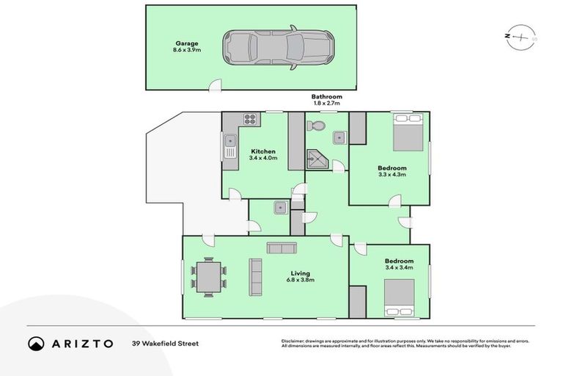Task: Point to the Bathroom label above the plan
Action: (x=326, y=97)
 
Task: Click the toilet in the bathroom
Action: (x=317, y=127)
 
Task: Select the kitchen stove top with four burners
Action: (x=249, y=120)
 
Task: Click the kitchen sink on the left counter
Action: (x=229, y=140)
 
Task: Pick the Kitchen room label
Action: (x=263, y=151)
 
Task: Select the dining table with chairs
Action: (x=208, y=277)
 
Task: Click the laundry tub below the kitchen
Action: (x=279, y=208)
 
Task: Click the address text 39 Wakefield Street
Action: (x=165, y=343)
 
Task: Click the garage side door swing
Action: (x=213, y=87)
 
